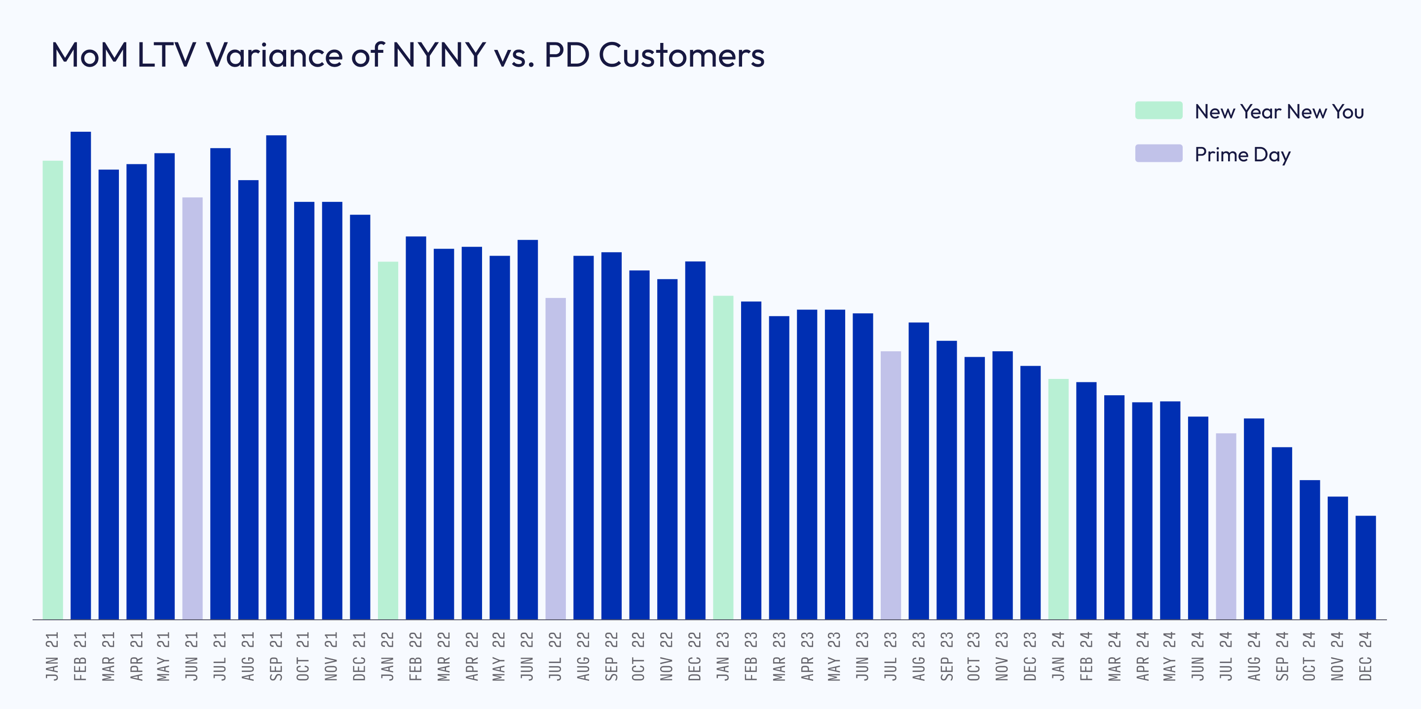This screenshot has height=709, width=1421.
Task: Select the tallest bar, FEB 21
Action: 80,375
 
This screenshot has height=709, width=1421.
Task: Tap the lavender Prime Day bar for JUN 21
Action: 192,409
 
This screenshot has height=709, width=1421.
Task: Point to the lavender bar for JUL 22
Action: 556,458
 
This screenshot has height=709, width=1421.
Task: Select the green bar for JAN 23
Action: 723,457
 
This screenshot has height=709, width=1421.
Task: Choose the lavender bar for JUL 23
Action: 891,485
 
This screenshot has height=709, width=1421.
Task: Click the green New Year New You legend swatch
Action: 1159,111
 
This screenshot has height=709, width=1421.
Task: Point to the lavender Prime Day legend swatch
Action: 1159,153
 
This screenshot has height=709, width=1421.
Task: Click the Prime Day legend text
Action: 1242,154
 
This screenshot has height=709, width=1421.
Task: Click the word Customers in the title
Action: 681,55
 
